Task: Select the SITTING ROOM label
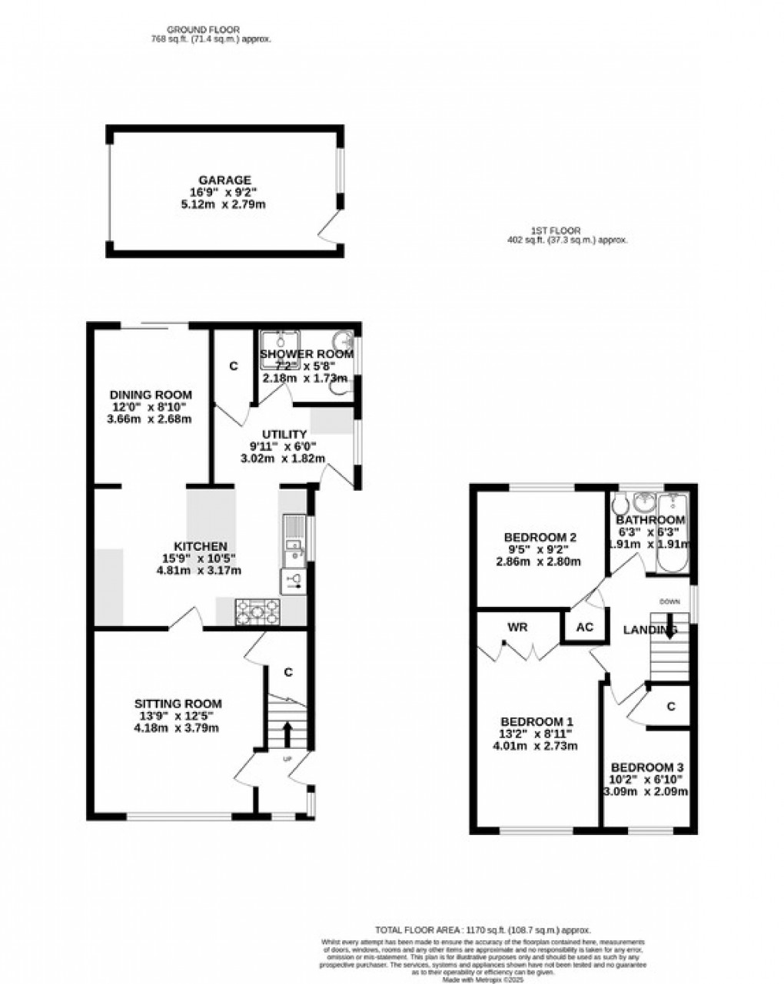[x=178, y=703]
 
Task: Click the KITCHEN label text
[x=199, y=546]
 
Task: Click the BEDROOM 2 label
[x=540, y=537]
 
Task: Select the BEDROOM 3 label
[x=647, y=767]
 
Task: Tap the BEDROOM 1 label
[x=537, y=722]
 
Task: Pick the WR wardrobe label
[x=517, y=627]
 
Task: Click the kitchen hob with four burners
[x=257, y=611]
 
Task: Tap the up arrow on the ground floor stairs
[x=287, y=733]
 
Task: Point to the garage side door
[x=331, y=228]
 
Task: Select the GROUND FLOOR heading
[x=186, y=29]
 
